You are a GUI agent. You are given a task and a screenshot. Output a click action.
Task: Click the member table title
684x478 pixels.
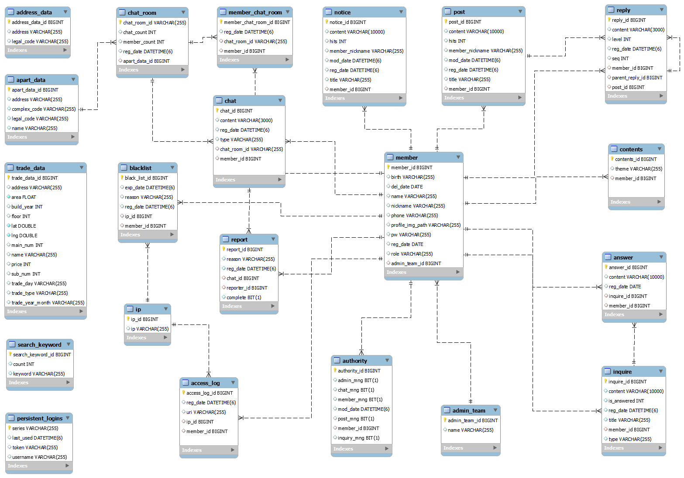coord(406,157)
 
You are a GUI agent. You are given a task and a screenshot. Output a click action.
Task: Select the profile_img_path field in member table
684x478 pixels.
coord(425,225)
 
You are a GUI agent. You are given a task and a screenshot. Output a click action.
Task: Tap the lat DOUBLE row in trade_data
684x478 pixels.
coord(24,226)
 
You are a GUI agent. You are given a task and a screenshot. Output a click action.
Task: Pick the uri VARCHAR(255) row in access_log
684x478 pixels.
coord(206,412)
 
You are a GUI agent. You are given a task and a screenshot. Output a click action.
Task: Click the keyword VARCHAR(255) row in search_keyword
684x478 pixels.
coord(38,374)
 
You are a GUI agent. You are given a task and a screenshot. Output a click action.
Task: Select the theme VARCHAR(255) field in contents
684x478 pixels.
coord(638,169)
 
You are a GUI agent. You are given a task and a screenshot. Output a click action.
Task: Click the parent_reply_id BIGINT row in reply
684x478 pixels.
coord(637,78)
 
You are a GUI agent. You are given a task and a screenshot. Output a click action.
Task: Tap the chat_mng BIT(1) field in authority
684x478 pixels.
coord(356,390)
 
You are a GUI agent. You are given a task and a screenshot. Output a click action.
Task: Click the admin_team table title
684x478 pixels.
coord(468,410)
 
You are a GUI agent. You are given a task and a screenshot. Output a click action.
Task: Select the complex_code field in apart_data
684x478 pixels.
coord(43,109)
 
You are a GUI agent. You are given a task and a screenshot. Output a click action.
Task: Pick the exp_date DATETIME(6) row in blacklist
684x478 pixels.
coord(149,188)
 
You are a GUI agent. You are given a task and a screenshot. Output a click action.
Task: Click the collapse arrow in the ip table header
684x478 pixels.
coord(166,309)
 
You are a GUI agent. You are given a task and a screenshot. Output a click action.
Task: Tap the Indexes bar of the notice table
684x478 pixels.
coord(364,98)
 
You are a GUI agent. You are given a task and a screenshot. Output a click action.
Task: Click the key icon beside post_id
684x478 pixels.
coord(446,22)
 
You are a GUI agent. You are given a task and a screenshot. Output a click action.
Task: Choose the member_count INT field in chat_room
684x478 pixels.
coord(144,42)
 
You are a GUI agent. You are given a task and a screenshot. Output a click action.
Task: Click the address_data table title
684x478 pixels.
coord(34,12)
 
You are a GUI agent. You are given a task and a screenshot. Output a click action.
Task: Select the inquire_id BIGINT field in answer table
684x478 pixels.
coord(628,296)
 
